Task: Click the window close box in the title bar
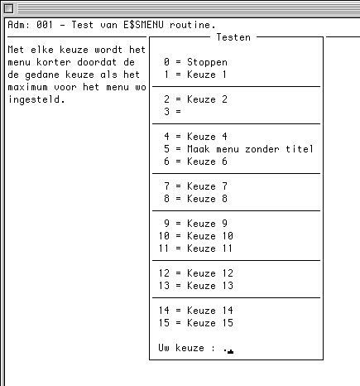click(x=8, y=8)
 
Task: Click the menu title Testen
click(x=233, y=37)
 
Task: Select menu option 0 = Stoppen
click(x=195, y=62)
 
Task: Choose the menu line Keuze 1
click(x=195, y=75)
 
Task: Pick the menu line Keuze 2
click(x=195, y=99)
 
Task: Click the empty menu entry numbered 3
click(x=172, y=112)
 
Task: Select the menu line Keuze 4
click(x=195, y=137)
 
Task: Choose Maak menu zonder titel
click(x=238, y=149)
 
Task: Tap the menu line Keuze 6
click(x=195, y=162)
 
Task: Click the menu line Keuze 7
click(x=195, y=186)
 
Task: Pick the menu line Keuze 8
click(x=195, y=199)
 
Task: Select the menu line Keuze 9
click(x=195, y=224)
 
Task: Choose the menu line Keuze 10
click(x=196, y=236)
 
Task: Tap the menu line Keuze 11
click(x=195, y=248)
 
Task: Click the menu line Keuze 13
click(x=196, y=286)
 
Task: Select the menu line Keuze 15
click(x=196, y=323)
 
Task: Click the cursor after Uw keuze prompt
click(x=231, y=351)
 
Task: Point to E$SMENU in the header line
click(x=143, y=25)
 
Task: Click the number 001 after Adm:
click(x=45, y=25)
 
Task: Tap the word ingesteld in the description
click(x=36, y=99)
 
